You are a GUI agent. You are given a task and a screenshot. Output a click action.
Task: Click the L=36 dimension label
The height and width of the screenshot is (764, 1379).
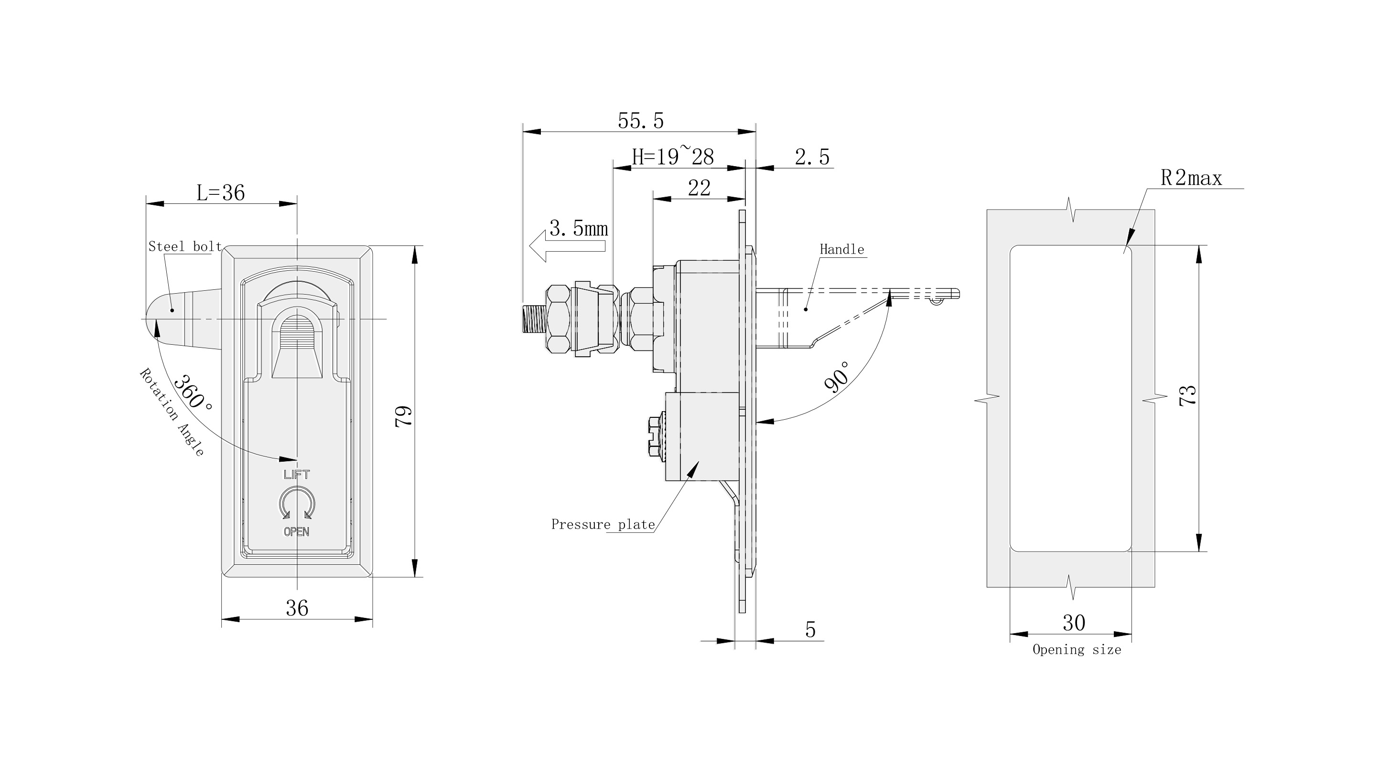[221, 193]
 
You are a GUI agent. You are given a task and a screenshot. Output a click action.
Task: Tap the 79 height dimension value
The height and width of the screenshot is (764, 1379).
[404, 416]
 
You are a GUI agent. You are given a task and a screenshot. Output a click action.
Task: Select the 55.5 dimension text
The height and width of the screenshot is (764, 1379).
[640, 121]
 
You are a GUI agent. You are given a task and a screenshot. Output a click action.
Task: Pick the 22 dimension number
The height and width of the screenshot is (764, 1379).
[699, 188]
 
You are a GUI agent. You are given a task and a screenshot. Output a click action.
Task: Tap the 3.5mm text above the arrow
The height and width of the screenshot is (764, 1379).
[579, 229]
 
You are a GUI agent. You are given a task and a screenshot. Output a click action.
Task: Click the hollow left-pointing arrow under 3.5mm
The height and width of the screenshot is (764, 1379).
[566, 246]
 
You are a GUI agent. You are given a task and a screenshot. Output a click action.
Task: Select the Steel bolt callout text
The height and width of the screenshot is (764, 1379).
[185, 247]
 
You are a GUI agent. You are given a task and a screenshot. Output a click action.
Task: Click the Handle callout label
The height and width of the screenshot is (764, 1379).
[841, 249]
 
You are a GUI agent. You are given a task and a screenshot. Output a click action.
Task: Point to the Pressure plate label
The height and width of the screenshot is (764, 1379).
[603, 524]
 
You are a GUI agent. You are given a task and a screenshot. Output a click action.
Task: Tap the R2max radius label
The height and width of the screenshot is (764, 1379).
[1191, 178]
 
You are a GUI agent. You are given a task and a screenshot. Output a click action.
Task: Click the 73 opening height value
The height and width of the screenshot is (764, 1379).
[1187, 395]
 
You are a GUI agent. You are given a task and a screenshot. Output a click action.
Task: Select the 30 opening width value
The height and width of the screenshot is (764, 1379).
[1073, 623]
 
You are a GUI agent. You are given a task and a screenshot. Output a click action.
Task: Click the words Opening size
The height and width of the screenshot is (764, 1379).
[1077, 649]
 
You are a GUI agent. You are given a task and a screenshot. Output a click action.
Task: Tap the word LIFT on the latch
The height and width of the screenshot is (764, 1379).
[297, 475]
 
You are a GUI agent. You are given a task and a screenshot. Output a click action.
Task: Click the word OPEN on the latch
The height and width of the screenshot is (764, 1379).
[297, 531]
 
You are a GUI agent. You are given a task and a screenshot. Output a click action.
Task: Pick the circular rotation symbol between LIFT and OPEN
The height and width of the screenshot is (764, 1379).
[297, 503]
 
